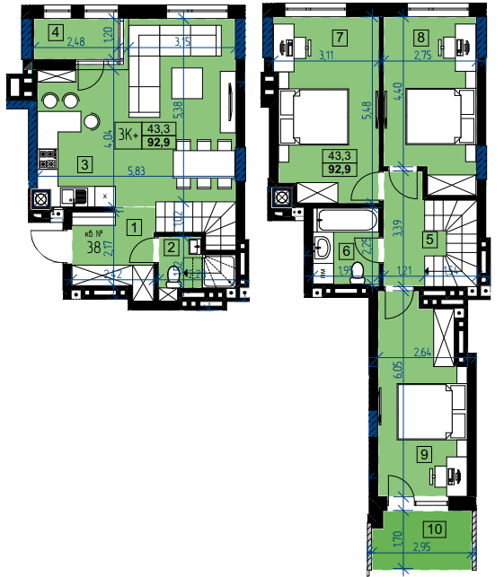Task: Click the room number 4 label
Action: (57, 34)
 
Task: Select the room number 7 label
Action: (339, 38)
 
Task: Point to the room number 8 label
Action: (421, 38)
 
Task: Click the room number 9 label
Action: (425, 454)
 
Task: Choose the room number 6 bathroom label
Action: (345, 250)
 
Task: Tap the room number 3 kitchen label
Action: (84, 164)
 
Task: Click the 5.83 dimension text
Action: (137, 171)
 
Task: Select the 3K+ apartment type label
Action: (127, 136)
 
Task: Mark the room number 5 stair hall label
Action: (431, 240)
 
